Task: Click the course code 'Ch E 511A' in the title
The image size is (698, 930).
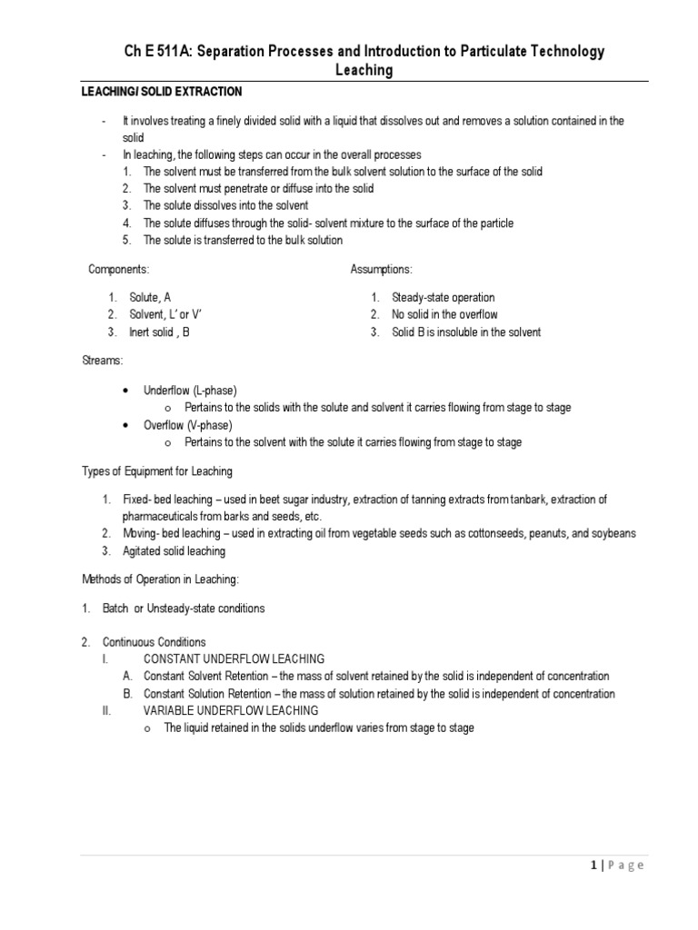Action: [x=155, y=52]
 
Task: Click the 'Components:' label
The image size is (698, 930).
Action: [x=118, y=270]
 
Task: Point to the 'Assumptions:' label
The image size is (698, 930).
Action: [x=381, y=270]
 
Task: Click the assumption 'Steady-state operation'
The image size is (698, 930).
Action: [x=443, y=298]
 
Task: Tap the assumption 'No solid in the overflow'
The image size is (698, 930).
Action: [x=444, y=315]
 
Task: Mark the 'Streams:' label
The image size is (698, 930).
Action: [x=102, y=361]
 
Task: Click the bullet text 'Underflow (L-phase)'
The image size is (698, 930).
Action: [x=190, y=391]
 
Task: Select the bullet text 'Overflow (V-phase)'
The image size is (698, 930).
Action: [x=188, y=425]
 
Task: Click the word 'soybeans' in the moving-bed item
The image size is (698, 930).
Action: [x=613, y=534]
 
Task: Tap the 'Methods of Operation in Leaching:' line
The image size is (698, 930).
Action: [x=161, y=579]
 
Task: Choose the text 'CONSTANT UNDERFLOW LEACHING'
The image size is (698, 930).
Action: [x=234, y=659]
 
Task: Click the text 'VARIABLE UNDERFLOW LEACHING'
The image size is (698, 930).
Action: [x=231, y=711]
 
